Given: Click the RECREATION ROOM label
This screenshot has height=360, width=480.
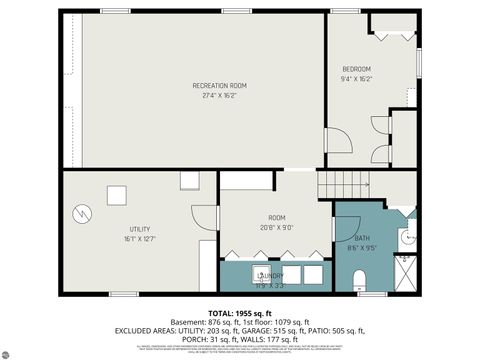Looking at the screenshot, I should [x=219, y=86].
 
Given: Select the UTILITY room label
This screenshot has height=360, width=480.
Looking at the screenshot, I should [x=139, y=229].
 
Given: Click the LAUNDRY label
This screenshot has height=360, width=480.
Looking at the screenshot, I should [x=271, y=276].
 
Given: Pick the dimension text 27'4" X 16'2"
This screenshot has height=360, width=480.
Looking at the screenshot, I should [x=219, y=96].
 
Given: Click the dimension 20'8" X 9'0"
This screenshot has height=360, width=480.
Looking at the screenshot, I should [x=276, y=227].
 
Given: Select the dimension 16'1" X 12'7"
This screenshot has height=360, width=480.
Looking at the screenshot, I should [x=139, y=239].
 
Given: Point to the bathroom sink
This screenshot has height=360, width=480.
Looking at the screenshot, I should [x=406, y=237].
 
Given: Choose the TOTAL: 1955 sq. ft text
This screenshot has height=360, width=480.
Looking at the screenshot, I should [x=239, y=313].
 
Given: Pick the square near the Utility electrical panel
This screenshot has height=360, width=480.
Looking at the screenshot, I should [x=118, y=195].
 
